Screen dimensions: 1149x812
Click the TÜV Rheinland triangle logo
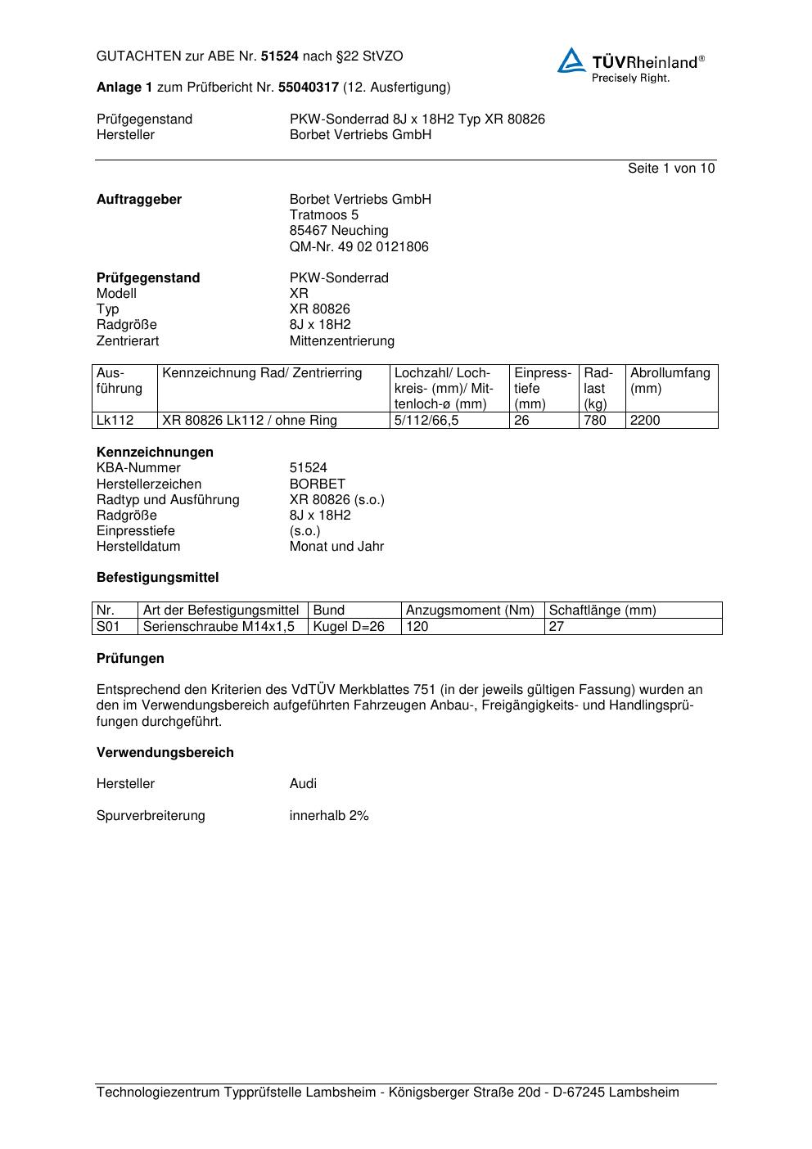point(571,61)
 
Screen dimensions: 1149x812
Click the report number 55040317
point(309,87)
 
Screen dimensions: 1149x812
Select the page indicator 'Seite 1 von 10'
point(670,168)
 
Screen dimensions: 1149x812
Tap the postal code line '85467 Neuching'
point(339,231)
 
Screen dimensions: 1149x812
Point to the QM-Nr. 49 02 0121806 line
point(359,246)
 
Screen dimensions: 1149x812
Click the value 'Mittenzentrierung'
point(341,340)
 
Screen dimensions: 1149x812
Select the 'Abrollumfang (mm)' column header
point(670,381)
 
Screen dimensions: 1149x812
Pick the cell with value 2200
point(645,421)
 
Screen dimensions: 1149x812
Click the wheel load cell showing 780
point(595,421)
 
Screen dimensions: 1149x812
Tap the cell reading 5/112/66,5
point(426,421)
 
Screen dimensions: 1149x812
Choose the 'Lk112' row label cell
point(115,421)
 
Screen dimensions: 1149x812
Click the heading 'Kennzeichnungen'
point(155,452)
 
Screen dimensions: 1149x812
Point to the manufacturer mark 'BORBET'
point(318,484)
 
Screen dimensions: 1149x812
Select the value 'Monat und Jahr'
point(336,546)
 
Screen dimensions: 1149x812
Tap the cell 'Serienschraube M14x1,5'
point(219,626)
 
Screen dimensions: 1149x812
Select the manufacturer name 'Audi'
point(303,783)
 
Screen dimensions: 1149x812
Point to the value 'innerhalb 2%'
point(329,815)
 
